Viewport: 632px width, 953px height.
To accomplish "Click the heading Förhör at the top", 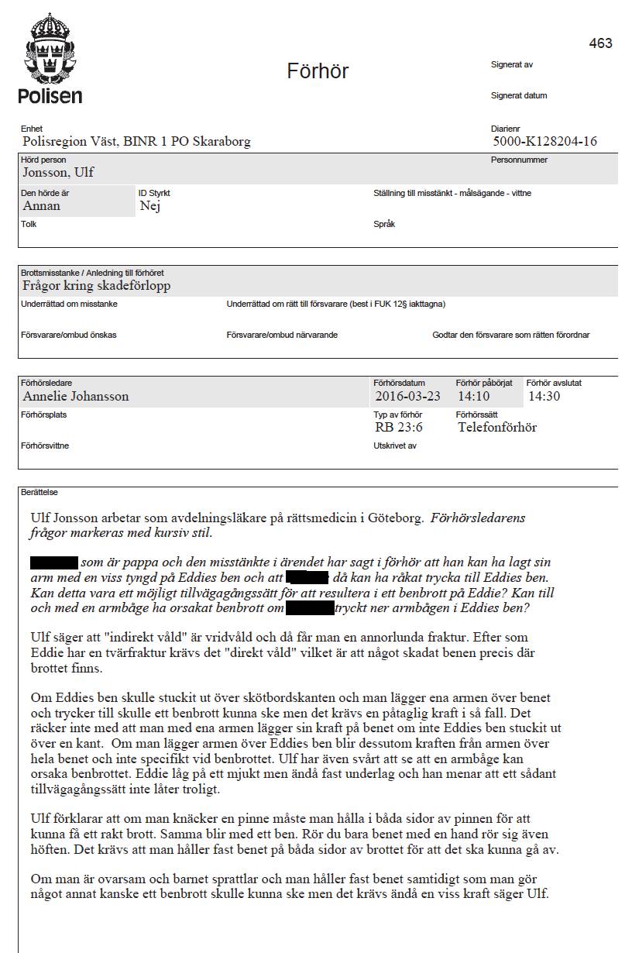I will coord(318,71).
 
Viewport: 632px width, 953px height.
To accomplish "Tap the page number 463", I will coord(600,43).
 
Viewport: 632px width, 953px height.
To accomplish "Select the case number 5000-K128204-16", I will coord(544,142).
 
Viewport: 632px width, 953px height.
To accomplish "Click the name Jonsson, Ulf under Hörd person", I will coord(58,173).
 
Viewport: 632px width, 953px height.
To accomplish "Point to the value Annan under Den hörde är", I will coord(41,206).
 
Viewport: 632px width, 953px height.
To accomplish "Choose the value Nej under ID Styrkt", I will coord(149,206).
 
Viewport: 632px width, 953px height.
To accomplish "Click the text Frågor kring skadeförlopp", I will coord(96,286).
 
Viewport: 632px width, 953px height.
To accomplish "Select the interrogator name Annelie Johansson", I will coord(75,397).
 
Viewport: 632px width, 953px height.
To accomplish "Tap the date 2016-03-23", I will coord(407,397).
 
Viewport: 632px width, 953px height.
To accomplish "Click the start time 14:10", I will coord(473,397).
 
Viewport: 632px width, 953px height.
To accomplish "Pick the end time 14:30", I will coord(544,397).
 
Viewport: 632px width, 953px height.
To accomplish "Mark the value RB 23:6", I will coord(399,428).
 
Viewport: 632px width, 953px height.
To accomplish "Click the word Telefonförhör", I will coord(496,428).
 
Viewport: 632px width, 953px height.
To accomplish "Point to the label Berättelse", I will coord(39,492).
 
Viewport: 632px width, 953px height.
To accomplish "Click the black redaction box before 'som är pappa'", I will coord(54,563).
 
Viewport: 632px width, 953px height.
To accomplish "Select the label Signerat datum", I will coord(518,96).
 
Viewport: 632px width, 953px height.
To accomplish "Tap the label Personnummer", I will coord(519,160).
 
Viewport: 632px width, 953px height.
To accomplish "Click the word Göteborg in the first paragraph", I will coord(393,518).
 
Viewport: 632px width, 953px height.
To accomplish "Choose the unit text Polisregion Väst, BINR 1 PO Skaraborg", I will coord(136,142).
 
